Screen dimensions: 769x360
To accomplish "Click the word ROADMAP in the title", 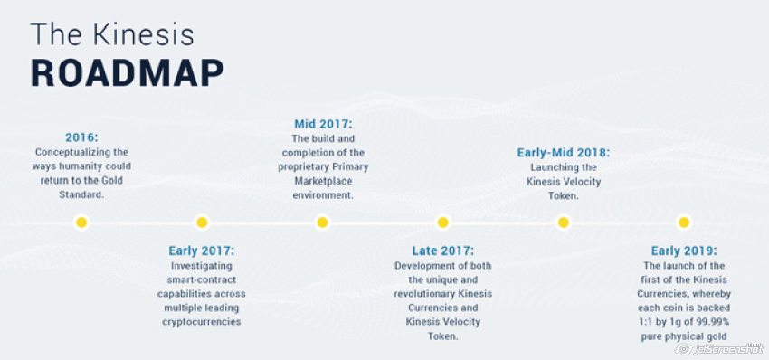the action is click(x=128, y=73).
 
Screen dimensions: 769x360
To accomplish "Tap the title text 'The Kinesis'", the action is click(x=112, y=34).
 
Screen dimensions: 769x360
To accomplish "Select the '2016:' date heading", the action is click(x=81, y=137).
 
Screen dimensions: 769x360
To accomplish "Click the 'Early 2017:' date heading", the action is click(x=202, y=251).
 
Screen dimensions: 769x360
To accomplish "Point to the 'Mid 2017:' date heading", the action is click(x=323, y=124).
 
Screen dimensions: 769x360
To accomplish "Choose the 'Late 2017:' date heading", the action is click(x=443, y=251).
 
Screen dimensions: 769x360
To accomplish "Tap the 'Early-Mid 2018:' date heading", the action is click(x=564, y=153).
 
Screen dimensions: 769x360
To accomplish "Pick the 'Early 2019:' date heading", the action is click(x=684, y=251).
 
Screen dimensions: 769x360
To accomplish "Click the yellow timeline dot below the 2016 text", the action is click(x=81, y=223).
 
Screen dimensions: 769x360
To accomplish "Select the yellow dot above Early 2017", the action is click(x=202, y=223).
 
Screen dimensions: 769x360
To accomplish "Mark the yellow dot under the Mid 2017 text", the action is click(x=322, y=223).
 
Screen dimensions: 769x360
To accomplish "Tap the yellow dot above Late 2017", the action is click(x=443, y=223).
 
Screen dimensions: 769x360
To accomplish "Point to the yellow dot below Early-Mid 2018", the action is click(x=564, y=223).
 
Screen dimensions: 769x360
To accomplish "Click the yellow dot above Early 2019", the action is click(x=684, y=223).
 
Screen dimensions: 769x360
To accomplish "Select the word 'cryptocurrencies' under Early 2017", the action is click(x=202, y=322).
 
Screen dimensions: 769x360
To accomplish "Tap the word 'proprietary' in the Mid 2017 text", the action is click(x=302, y=166).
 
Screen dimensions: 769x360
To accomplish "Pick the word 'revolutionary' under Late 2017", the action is click(x=424, y=294).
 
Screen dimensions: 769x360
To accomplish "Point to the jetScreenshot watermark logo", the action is click(x=719, y=349).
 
